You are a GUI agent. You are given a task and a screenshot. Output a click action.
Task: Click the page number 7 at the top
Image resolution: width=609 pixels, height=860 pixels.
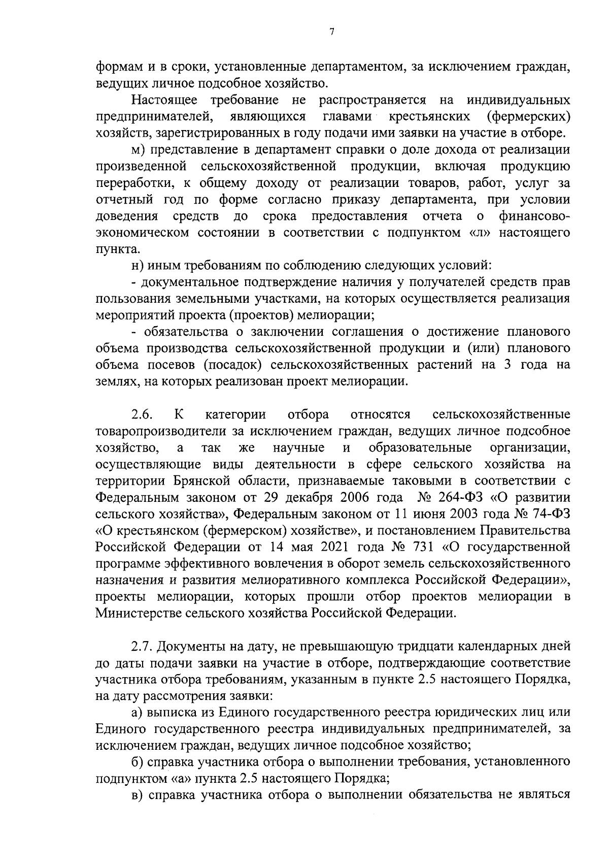tap(331, 32)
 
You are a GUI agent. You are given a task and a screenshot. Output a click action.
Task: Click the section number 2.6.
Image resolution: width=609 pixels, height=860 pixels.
tap(142, 415)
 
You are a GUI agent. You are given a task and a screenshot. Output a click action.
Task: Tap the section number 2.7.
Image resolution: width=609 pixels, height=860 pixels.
tap(142, 647)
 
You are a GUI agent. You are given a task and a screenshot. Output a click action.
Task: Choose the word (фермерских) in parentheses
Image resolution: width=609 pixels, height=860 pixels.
tap(528, 116)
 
